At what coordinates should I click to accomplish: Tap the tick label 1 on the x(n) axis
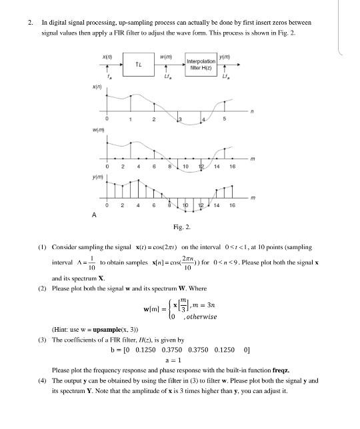coord(131,120)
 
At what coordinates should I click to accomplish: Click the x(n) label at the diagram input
coord(106,55)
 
